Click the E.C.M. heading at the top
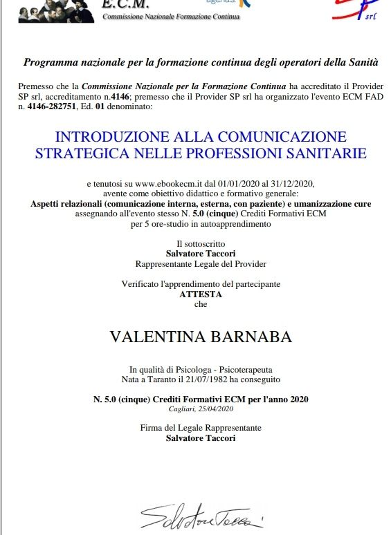coord(125,4)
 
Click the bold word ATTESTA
coord(201,294)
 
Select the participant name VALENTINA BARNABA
coord(201,337)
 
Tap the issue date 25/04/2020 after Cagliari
coord(219,409)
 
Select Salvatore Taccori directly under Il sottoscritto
coord(201,254)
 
